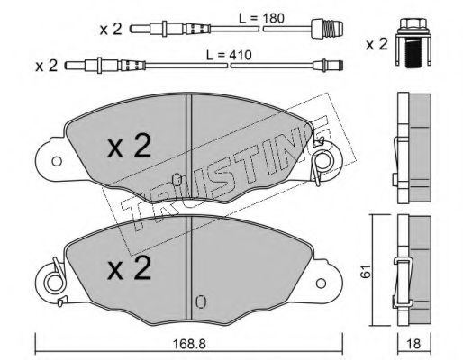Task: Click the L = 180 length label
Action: click(261, 18)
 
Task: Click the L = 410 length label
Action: click(229, 55)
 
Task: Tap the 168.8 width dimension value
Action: click(189, 344)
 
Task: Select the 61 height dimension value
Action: click(366, 271)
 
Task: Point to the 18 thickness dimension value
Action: click(414, 344)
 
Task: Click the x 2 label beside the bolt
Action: click(377, 45)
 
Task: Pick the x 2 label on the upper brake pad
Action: click(130, 146)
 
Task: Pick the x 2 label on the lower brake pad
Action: click(130, 268)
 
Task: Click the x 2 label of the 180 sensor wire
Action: click(111, 30)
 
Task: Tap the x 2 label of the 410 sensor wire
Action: click(46, 66)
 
